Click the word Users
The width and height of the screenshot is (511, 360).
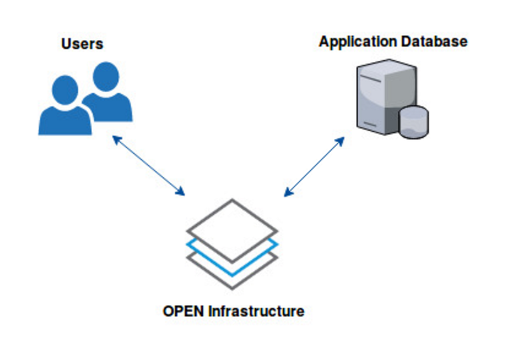point(82,44)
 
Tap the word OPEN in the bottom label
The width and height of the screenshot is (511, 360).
point(183,312)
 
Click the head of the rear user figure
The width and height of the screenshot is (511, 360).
point(103,76)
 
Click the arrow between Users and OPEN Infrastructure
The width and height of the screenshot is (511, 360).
point(149,165)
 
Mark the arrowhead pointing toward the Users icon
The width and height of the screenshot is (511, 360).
point(116,139)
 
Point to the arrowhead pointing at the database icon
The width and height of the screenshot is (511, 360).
point(341,140)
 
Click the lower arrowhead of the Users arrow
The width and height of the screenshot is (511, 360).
point(181,192)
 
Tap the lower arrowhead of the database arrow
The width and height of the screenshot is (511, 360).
point(287,192)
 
